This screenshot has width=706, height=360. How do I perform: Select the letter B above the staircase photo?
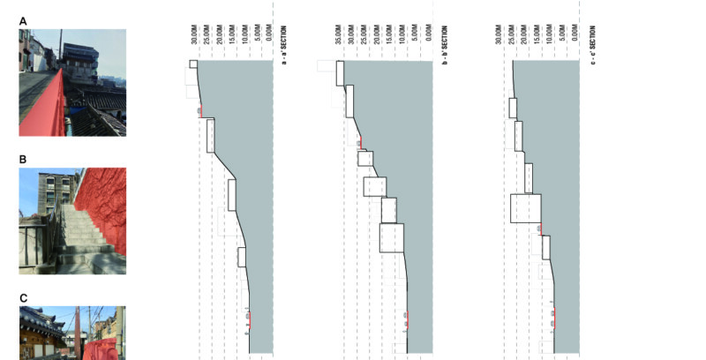23,160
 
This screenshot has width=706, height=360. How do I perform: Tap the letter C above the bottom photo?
23,298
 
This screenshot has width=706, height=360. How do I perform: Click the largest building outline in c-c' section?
525,207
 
